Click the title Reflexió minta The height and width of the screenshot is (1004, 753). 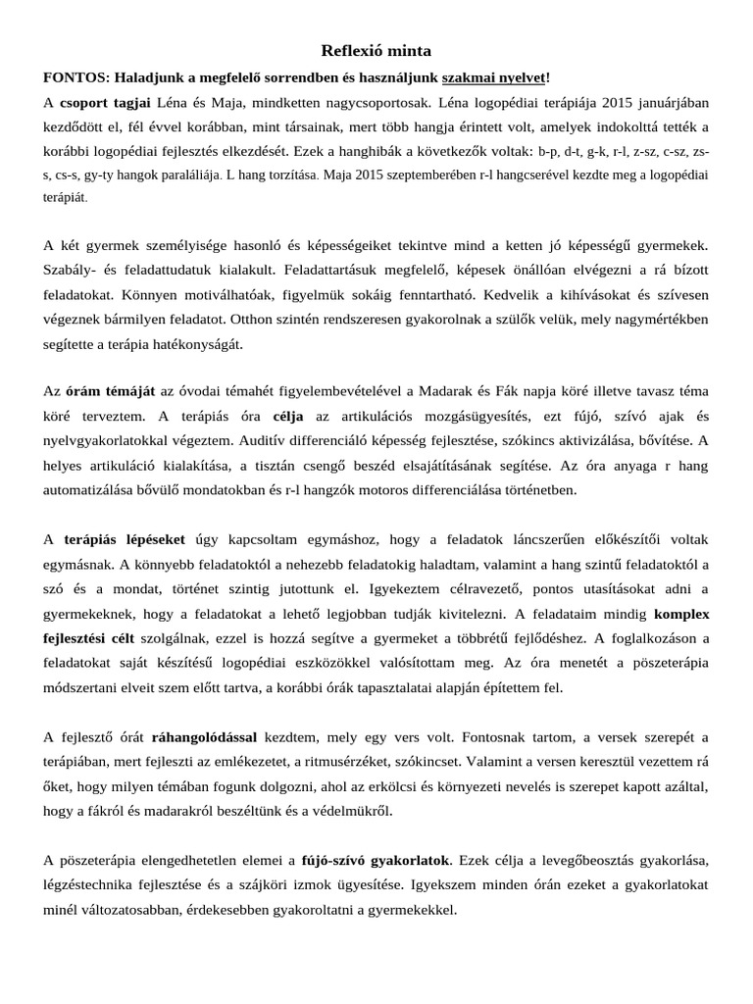pos(376,51)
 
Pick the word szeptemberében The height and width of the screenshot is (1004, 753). pos(417,176)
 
